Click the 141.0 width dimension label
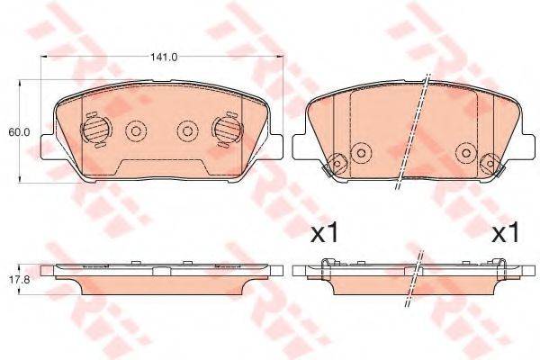[163, 57]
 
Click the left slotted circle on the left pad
[94, 131]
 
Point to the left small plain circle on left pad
[136, 131]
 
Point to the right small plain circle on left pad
[187, 131]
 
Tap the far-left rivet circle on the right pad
[338, 164]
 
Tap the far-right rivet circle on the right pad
[490, 164]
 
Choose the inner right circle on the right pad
[465, 150]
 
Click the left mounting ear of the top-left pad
[50, 144]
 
